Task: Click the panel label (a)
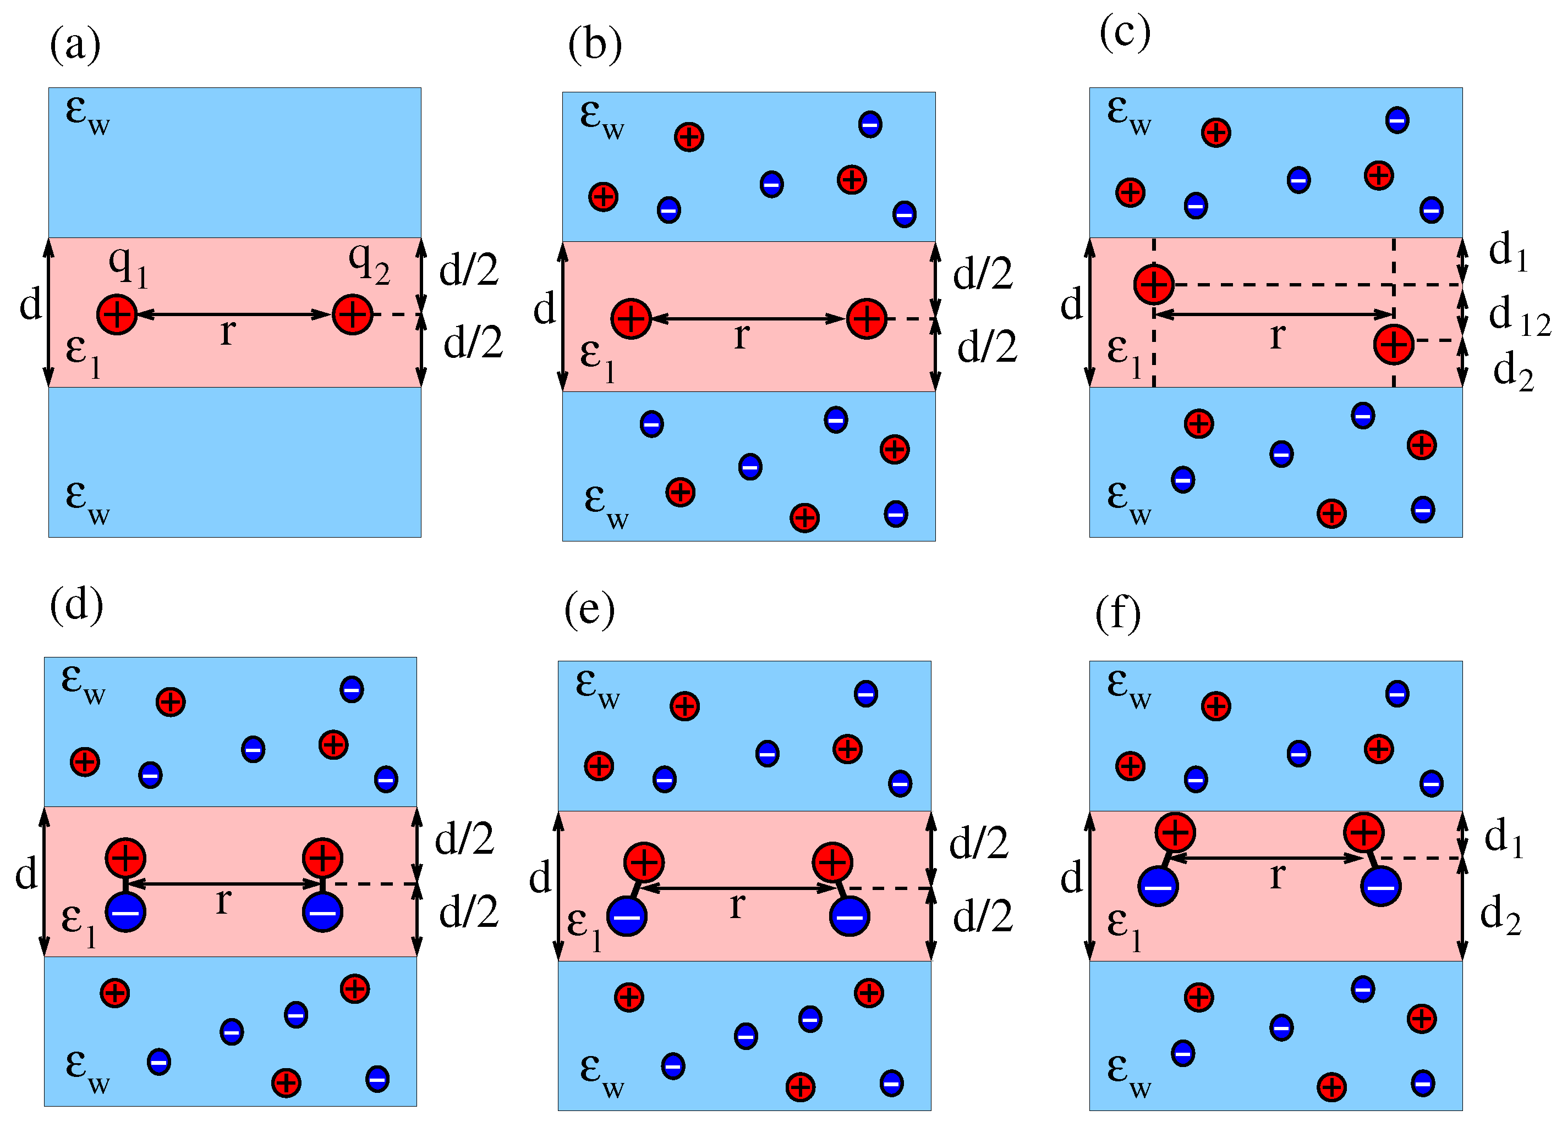tap(75, 46)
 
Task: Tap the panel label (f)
tap(1117, 614)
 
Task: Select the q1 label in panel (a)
tap(128, 265)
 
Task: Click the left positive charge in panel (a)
tap(117, 314)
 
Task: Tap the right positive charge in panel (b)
tap(867, 319)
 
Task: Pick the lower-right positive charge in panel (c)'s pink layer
tap(1393, 344)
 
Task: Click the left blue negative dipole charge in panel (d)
tap(125, 912)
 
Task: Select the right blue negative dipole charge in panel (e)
tap(849, 916)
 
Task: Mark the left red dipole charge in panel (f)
tap(1175, 832)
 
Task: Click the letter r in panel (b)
tap(741, 336)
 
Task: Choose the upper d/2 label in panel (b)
tap(983, 274)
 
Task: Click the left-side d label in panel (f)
tap(1072, 879)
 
